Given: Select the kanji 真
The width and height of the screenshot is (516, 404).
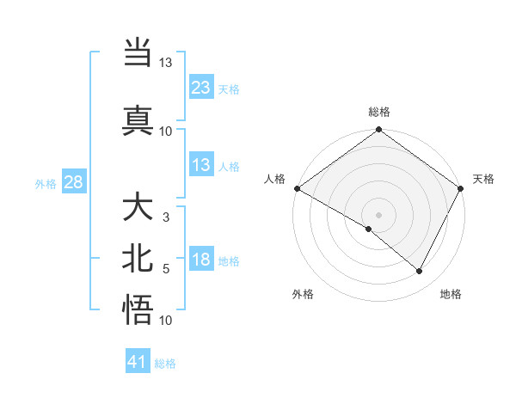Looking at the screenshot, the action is pyautogui.click(x=138, y=119).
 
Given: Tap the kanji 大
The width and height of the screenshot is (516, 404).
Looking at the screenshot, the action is pyautogui.click(x=138, y=208).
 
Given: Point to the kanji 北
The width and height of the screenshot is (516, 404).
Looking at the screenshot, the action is pyautogui.click(x=138, y=259).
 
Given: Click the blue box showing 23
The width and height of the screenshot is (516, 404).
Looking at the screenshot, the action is pyautogui.click(x=200, y=88).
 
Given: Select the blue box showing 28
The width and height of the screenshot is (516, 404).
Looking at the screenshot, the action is pyautogui.click(x=73, y=182).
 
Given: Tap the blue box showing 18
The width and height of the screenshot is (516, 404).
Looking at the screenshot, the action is pyautogui.click(x=200, y=260).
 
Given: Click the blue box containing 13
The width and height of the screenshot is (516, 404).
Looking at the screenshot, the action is pyautogui.click(x=200, y=165).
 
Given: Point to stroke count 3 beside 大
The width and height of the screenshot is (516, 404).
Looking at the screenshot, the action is pyautogui.click(x=166, y=217).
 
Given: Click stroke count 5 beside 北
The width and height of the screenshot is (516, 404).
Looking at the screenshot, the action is pyautogui.click(x=166, y=269).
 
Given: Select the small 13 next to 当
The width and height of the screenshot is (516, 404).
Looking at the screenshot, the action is pyautogui.click(x=166, y=63).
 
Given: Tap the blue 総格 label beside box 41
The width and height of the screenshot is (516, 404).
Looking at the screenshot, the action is pyautogui.click(x=165, y=364).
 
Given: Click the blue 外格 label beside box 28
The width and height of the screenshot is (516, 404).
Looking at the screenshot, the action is pyautogui.click(x=46, y=183).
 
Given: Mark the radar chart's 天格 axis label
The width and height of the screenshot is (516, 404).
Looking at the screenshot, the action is pyautogui.click(x=483, y=179).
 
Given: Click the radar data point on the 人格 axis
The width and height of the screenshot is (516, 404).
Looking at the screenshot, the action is pyautogui.click(x=297, y=188).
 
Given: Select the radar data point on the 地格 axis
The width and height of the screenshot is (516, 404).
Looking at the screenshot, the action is pyautogui.click(x=420, y=272).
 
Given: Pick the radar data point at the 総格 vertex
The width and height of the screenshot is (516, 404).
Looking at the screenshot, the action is pyautogui.click(x=378, y=131).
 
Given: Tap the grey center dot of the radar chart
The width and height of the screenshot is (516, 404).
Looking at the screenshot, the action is pyautogui.click(x=378, y=214).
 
